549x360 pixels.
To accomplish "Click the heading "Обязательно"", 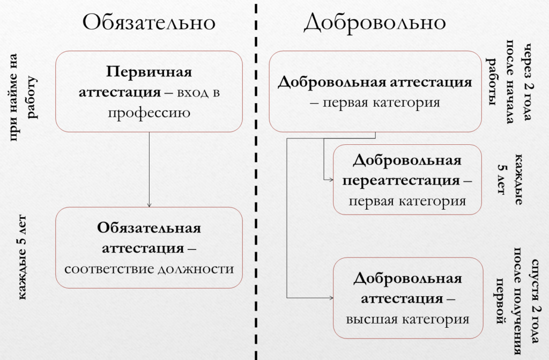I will click(149, 23).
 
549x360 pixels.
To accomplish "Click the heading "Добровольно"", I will click(375, 23).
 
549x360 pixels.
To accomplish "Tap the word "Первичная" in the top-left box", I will click(149, 72).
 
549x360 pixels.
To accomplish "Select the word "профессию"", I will click(149, 113).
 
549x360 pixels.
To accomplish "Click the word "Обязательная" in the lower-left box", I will click(149, 228).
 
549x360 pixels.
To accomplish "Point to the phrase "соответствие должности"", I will click(149, 268).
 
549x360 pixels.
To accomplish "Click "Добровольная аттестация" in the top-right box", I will click(375, 83).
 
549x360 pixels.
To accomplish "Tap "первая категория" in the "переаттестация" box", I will click(407, 201).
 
